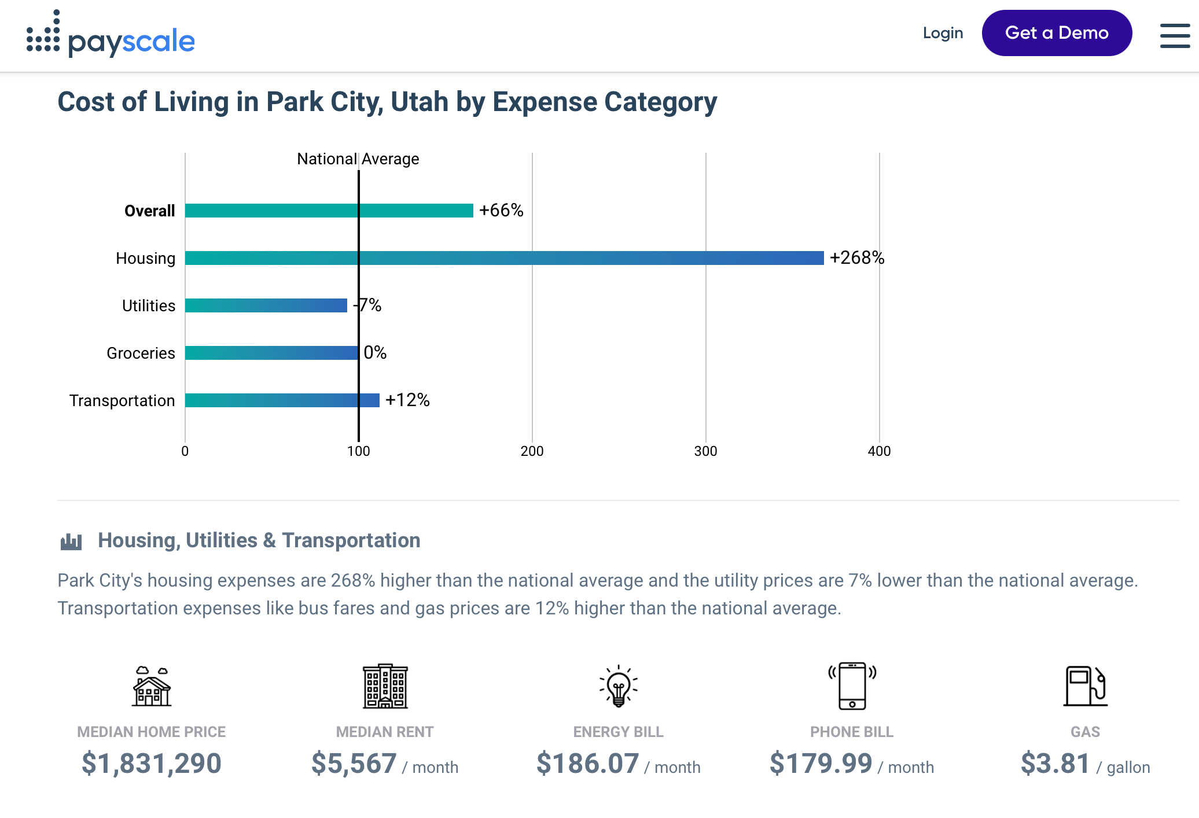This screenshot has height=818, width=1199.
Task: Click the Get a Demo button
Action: tap(1057, 33)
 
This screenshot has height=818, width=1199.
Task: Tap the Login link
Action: tap(943, 33)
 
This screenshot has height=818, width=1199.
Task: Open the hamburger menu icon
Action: tap(1175, 36)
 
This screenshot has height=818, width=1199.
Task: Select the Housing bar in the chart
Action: tap(504, 258)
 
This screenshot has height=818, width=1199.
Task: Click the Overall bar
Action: tap(329, 211)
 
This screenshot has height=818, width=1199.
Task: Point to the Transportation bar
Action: tap(282, 400)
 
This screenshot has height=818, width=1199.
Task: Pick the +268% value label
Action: tap(856, 257)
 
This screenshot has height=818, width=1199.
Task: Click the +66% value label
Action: tap(501, 210)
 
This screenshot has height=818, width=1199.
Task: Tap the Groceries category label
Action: tap(141, 353)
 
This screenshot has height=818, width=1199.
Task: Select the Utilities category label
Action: tap(148, 305)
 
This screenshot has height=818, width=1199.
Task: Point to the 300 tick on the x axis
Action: tap(705, 451)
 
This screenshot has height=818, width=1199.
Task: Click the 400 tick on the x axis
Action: tap(879, 451)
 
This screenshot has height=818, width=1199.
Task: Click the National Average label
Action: tap(358, 159)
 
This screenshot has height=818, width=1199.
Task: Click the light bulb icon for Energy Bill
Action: tap(618, 686)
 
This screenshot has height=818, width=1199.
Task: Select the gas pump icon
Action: tap(1085, 686)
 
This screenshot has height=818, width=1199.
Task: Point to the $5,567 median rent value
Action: tap(354, 764)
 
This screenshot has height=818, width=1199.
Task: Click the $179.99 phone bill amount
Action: tap(821, 764)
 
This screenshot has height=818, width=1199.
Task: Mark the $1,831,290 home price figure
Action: tap(152, 764)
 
